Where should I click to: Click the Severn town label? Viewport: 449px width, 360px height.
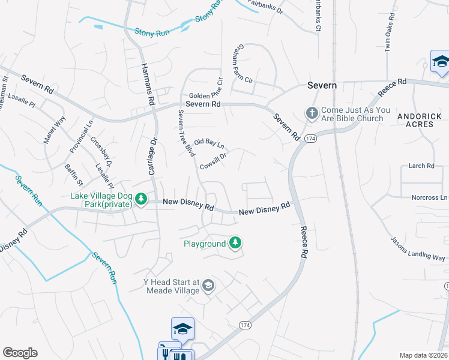[x=322, y=85]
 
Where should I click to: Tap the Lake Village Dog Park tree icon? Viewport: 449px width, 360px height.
[x=140, y=198]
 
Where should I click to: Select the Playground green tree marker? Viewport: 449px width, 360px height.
[x=236, y=243]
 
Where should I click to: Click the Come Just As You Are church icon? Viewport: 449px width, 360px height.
[x=312, y=113]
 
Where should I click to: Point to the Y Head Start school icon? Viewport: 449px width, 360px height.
[x=208, y=286]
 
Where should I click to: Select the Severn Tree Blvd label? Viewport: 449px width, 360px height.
[x=185, y=133]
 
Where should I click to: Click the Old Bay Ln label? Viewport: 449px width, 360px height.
[x=209, y=143]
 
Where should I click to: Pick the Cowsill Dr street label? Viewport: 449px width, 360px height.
[x=213, y=161]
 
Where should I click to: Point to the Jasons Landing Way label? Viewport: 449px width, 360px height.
[x=418, y=248]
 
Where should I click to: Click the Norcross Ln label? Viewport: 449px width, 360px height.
[x=429, y=197]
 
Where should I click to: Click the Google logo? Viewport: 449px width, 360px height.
[x=20, y=353]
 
